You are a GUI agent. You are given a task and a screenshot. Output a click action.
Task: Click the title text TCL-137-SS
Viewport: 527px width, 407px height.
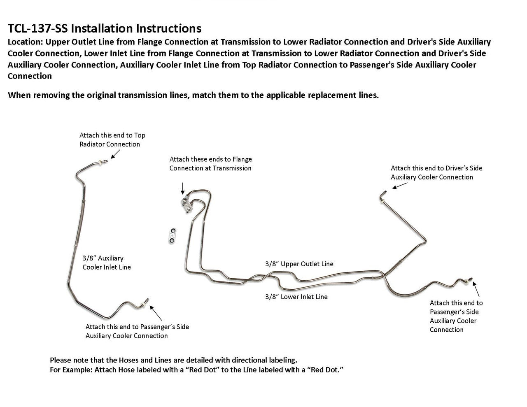point(39,28)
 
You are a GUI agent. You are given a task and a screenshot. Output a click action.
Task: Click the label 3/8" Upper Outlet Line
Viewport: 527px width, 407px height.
point(299,264)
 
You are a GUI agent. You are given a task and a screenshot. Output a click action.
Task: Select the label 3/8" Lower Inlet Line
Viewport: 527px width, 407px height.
point(296,297)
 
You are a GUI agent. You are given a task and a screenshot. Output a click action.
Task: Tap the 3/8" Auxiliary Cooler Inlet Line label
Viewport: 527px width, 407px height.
point(106,263)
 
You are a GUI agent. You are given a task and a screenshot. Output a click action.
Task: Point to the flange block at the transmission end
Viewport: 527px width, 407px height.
point(187,203)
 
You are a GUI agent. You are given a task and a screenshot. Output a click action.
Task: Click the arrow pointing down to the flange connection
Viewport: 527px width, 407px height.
point(182,188)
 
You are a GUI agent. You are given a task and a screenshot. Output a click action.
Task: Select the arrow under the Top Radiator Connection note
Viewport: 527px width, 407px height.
point(114,154)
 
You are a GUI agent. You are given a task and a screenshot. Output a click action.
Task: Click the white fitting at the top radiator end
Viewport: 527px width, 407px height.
point(101,162)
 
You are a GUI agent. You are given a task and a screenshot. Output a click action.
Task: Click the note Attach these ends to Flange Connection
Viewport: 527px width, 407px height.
point(210,163)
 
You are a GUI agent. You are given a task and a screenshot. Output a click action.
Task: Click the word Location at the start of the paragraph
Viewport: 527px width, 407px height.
point(25,42)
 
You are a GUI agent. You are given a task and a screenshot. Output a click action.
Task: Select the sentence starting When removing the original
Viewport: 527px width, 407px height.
point(193,95)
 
